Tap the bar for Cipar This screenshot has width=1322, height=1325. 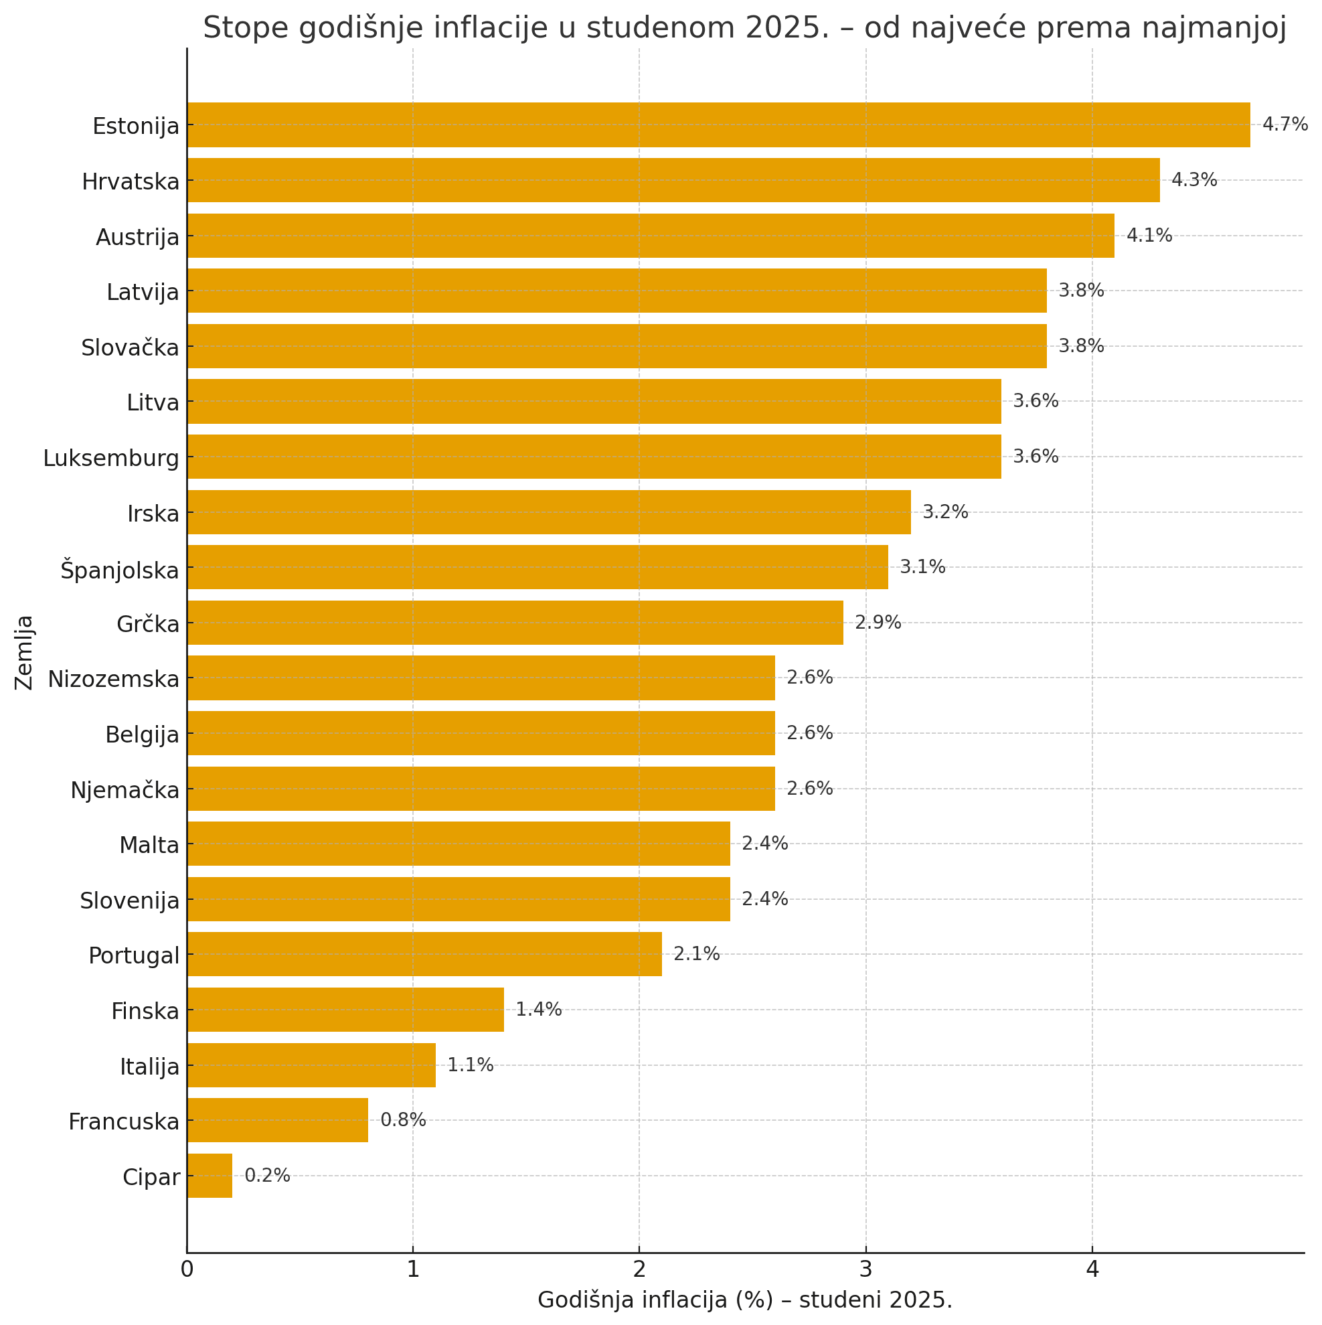[x=209, y=1176]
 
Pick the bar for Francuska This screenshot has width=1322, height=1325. [x=277, y=1120]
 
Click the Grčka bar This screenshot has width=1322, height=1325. [x=514, y=623]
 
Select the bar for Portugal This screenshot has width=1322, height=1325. [x=424, y=954]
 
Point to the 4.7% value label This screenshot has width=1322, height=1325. [x=1285, y=125]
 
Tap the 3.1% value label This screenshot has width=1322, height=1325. [x=922, y=567]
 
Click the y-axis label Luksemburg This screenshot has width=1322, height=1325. [x=111, y=458]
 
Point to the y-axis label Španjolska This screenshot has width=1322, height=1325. [x=119, y=569]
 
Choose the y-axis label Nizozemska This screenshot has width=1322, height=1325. [x=113, y=679]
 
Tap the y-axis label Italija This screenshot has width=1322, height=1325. [x=149, y=1067]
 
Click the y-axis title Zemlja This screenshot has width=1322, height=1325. [x=25, y=651]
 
